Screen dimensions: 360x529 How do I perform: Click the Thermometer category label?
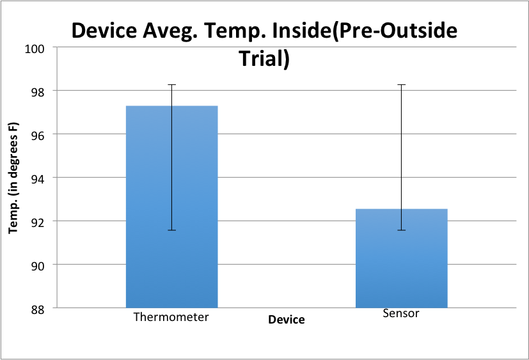(x=171, y=317)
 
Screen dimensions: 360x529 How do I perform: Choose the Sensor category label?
(x=401, y=313)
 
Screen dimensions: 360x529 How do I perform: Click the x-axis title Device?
(x=287, y=320)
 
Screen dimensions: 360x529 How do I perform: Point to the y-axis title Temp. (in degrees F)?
(x=12, y=178)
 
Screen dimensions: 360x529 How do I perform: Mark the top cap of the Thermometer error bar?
(x=171, y=84)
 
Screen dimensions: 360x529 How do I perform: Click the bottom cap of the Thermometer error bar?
(x=171, y=230)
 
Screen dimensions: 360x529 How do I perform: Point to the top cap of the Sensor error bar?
(x=401, y=84)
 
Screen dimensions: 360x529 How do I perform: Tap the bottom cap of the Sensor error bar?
(x=401, y=230)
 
